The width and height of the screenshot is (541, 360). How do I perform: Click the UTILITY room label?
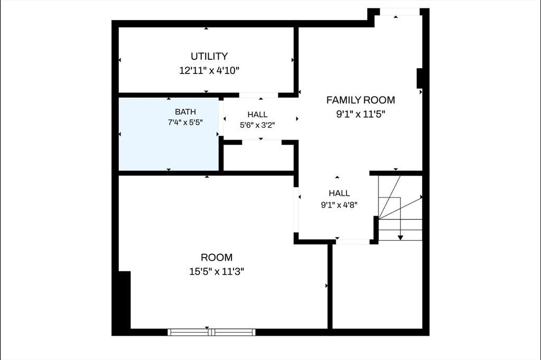[209, 56]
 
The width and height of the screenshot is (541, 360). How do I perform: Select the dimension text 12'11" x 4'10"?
[209, 71]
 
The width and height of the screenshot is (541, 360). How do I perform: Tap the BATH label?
[185, 112]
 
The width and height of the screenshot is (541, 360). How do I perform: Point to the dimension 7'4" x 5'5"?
[185, 122]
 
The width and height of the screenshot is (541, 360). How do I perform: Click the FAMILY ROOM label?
[360, 100]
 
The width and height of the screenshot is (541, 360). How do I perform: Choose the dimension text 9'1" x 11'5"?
[360, 114]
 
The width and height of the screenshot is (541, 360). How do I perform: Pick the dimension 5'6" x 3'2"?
[257, 125]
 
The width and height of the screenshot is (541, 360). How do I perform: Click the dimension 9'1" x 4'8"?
[339, 205]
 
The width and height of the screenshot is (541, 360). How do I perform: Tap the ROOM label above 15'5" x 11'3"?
[217, 257]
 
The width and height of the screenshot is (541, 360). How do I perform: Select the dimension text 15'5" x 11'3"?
[217, 272]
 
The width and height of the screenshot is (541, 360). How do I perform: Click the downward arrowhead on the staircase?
[400, 237]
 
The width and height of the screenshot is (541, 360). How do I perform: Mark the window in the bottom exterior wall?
[211, 332]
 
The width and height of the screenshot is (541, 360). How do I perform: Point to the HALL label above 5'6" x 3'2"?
[257, 115]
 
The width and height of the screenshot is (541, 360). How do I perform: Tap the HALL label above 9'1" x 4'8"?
[339, 193]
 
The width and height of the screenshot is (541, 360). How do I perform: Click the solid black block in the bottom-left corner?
[124, 300]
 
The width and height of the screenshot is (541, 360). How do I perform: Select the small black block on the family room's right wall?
[420, 78]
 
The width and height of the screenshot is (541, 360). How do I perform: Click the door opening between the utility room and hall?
[259, 95]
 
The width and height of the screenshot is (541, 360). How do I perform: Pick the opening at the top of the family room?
[400, 12]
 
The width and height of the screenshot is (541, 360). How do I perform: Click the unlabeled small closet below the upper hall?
[259, 158]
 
